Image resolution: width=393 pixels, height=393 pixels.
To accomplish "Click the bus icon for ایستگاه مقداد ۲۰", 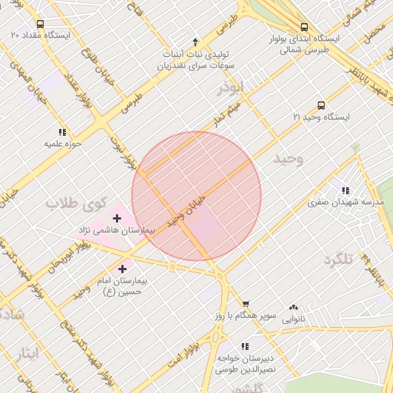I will point(40,24).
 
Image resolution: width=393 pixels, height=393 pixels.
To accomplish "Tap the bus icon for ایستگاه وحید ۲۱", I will point(321,105).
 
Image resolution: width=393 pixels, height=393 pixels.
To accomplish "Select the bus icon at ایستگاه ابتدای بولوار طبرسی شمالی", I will point(304,26).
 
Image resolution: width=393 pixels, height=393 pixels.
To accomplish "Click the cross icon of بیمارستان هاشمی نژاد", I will point(117,218).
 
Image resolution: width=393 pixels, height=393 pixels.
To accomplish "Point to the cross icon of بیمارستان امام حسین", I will point(123,268).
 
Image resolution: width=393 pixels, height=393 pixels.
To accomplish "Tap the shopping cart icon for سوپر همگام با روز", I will point(246,304).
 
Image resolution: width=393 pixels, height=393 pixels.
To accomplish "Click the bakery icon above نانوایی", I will point(293,306).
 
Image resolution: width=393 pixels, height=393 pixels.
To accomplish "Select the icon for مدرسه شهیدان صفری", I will point(345,190).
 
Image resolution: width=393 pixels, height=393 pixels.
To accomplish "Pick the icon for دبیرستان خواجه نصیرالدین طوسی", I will point(245,346).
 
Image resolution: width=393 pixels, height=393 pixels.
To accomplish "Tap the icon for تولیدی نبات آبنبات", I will point(195,42).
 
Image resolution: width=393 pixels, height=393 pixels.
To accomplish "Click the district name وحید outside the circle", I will point(289,158).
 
